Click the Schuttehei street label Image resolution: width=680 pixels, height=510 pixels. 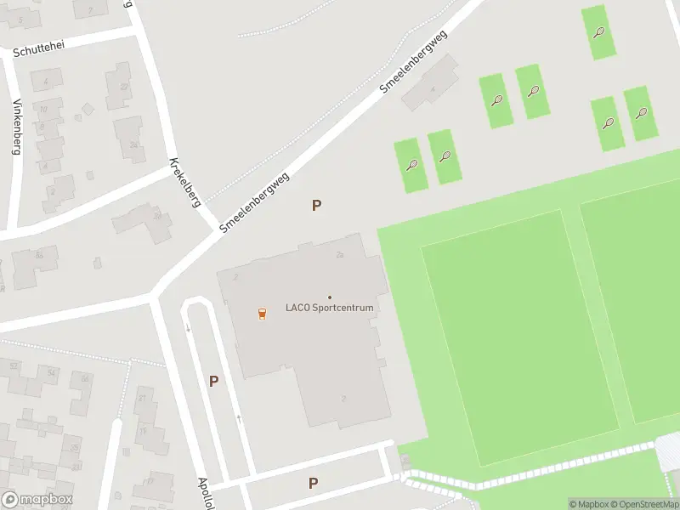click(x=39, y=48)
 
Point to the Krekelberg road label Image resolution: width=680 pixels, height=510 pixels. click(x=184, y=183)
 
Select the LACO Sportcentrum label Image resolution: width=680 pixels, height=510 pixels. click(x=329, y=308)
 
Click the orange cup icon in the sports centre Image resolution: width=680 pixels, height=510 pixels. click(x=262, y=313)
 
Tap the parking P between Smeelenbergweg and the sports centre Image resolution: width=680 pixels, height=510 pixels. click(x=316, y=205)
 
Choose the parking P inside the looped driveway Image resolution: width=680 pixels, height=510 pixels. click(x=213, y=382)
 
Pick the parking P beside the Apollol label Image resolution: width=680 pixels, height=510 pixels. click(x=313, y=483)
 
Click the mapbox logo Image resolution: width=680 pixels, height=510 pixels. click(x=37, y=500)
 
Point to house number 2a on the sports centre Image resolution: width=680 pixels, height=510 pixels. click(x=339, y=255)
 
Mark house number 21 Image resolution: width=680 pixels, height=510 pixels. click(x=142, y=398)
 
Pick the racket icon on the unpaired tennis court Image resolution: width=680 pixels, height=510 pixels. click(x=599, y=33)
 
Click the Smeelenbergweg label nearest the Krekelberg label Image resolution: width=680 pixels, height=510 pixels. click(x=255, y=202)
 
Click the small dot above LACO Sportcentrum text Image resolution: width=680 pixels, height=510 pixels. click(x=330, y=297)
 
